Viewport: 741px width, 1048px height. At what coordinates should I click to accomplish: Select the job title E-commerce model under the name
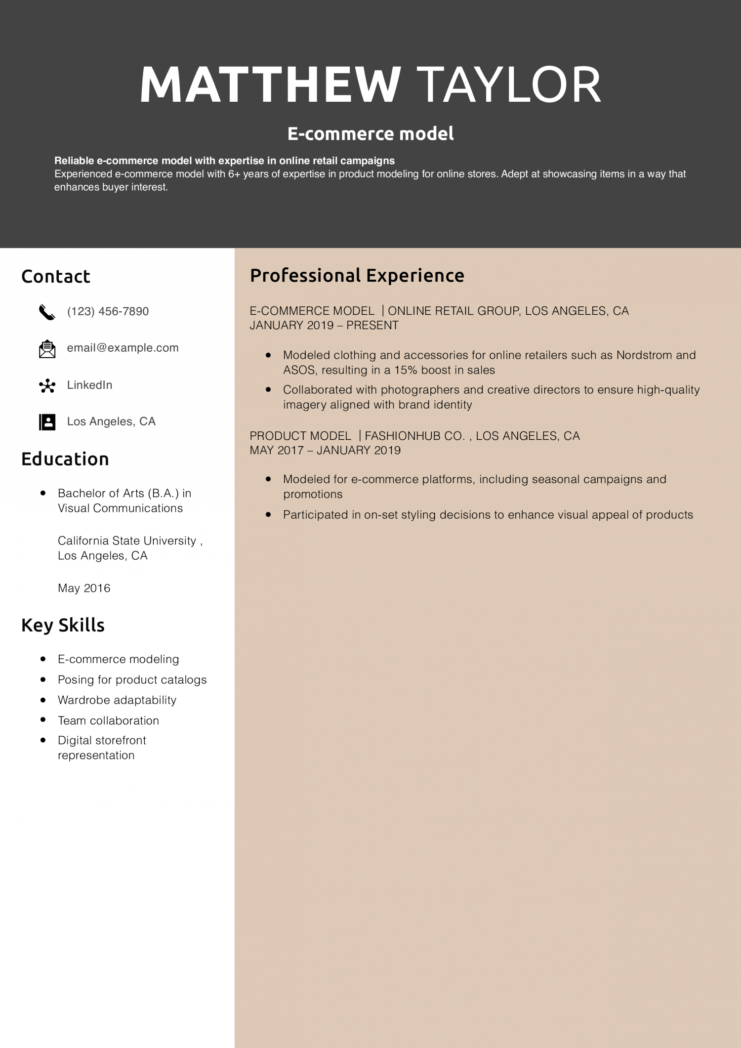click(370, 133)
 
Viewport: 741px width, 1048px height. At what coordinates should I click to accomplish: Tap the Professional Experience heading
click(357, 275)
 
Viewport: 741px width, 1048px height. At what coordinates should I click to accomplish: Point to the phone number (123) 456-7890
click(108, 311)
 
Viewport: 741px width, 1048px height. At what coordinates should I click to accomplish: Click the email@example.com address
click(123, 348)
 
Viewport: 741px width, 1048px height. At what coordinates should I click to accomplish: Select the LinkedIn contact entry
click(89, 385)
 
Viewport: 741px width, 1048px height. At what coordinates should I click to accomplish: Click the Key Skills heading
click(63, 625)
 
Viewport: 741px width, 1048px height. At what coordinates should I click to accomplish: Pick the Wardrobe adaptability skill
click(117, 700)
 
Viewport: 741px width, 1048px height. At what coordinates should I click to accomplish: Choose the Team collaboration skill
click(108, 720)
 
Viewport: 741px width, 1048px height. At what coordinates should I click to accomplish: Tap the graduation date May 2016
click(84, 588)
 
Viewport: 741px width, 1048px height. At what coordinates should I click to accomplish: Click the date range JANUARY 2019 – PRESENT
click(324, 325)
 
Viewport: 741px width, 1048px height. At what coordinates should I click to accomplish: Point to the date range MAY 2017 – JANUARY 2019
click(325, 450)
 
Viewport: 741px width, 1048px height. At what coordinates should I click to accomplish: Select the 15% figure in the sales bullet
click(406, 370)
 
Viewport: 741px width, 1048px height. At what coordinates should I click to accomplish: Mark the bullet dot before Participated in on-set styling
click(268, 514)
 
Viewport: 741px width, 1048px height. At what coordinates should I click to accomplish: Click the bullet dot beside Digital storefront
click(43, 740)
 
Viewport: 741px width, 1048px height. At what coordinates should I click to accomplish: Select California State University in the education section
click(127, 541)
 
